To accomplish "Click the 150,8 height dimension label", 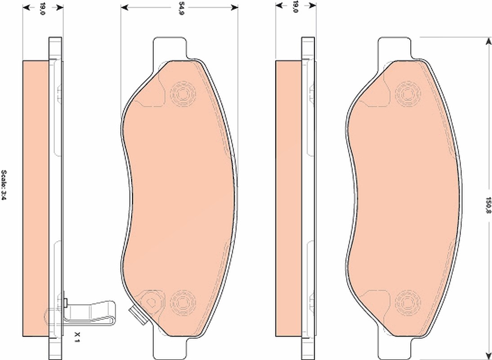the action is point(488,206).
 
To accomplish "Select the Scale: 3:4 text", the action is point(4,185).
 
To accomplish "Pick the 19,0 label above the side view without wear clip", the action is point(295,7).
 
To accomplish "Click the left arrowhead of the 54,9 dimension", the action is point(124,7).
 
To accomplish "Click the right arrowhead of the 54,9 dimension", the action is point(234,7).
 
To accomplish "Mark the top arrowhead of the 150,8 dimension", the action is point(488,41).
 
